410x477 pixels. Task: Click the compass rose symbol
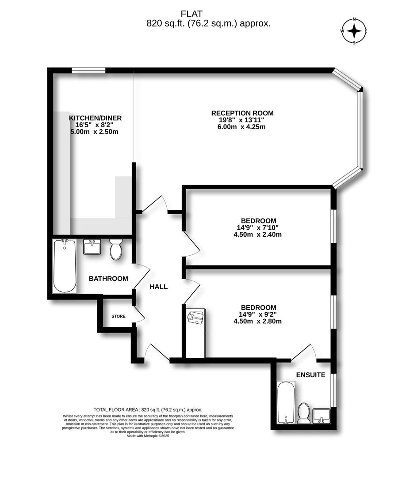point(354,31)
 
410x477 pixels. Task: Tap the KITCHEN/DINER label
point(95,118)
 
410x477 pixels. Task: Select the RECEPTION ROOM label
point(242,113)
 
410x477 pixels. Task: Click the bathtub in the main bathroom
point(65,266)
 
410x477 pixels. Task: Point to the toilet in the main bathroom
point(116,250)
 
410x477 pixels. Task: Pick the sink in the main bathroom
point(92,247)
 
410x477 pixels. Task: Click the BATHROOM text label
point(108,279)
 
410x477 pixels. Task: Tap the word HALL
point(158,287)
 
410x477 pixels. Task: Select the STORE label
point(119,316)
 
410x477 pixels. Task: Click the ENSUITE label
point(310,375)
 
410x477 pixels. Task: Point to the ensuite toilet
point(303,413)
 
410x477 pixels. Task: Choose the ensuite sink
point(322,416)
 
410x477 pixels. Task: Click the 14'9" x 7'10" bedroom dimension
point(258,228)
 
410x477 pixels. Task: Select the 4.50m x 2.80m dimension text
point(257,322)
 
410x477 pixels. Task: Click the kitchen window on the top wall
point(88,70)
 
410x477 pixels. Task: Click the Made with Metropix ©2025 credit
point(148,435)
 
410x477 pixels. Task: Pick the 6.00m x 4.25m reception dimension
point(242,127)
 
